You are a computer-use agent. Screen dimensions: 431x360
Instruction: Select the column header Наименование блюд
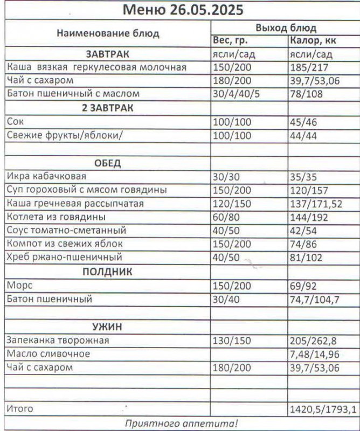point(108,33)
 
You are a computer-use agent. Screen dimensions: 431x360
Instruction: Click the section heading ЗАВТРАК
point(108,54)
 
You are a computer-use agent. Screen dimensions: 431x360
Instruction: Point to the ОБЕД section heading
point(108,163)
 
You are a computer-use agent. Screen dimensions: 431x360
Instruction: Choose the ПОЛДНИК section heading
point(108,272)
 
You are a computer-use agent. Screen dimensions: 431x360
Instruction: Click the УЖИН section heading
point(108,326)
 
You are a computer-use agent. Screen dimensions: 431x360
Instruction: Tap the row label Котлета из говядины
point(56,217)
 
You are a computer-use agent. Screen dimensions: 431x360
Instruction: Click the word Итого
point(19,409)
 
